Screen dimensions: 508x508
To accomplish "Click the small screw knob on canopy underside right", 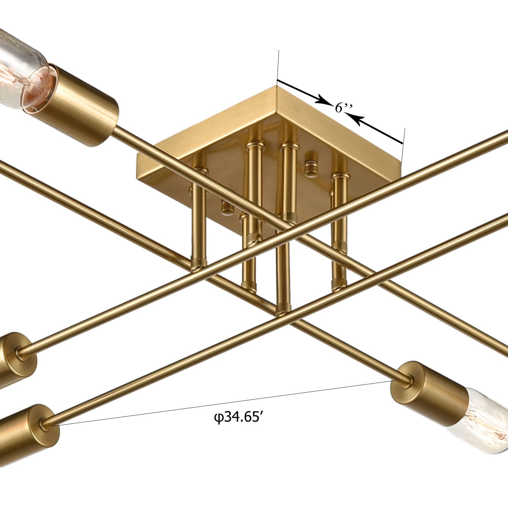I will click(x=311, y=165).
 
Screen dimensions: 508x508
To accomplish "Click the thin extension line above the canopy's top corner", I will click(x=278, y=63).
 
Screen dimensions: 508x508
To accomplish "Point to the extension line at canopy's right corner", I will click(x=403, y=143).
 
